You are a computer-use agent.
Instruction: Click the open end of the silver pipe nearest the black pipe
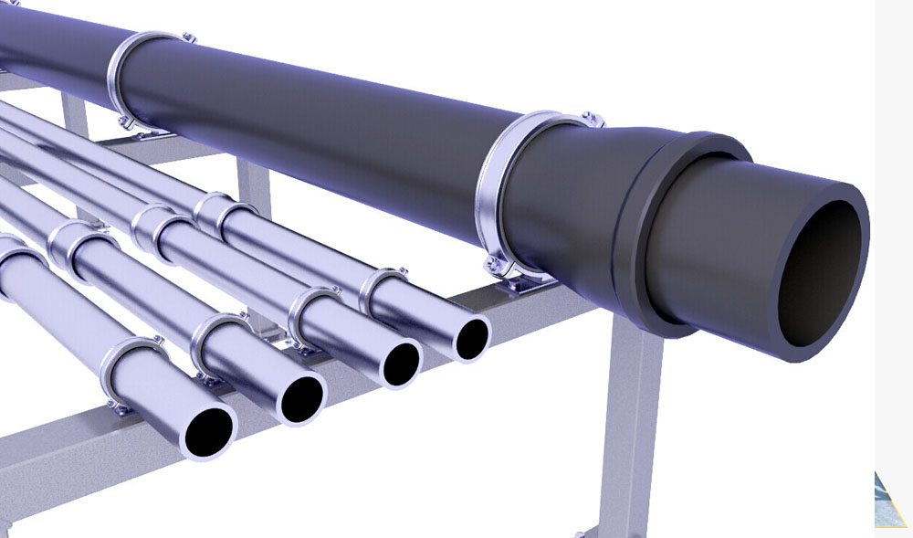[472, 338]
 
